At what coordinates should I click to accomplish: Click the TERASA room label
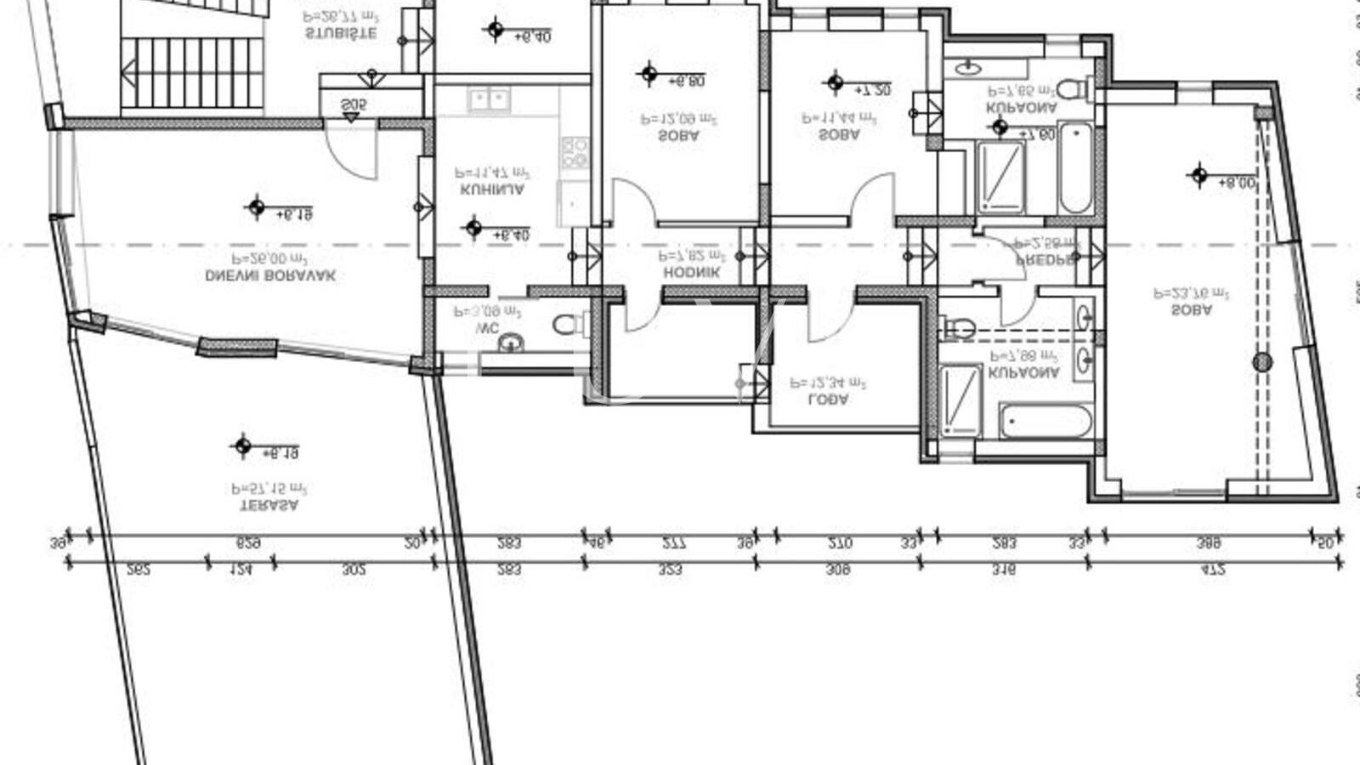click(x=269, y=505)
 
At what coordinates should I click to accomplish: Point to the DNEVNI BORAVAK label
click(x=270, y=276)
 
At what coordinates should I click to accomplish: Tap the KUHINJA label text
click(x=492, y=190)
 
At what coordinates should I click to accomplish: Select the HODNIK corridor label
click(x=691, y=273)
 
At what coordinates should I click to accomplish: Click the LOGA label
click(x=828, y=399)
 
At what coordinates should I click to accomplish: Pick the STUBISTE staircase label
click(x=340, y=34)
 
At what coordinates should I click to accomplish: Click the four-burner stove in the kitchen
click(x=575, y=153)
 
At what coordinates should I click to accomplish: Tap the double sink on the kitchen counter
click(x=489, y=100)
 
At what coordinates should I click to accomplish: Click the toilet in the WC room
click(x=570, y=324)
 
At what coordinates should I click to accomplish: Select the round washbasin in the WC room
click(x=510, y=343)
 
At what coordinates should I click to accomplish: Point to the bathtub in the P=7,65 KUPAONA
click(x=1075, y=167)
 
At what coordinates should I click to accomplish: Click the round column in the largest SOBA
click(x=1262, y=362)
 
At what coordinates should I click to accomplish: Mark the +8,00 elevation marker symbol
click(x=1198, y=176)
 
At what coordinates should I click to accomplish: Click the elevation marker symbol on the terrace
click(x=243, y=445)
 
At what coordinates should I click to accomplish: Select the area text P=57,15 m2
click(x=269, y=489)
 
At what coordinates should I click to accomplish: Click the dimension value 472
click(x=1213, y=570)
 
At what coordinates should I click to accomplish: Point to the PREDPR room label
click(x=1045, y=261)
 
